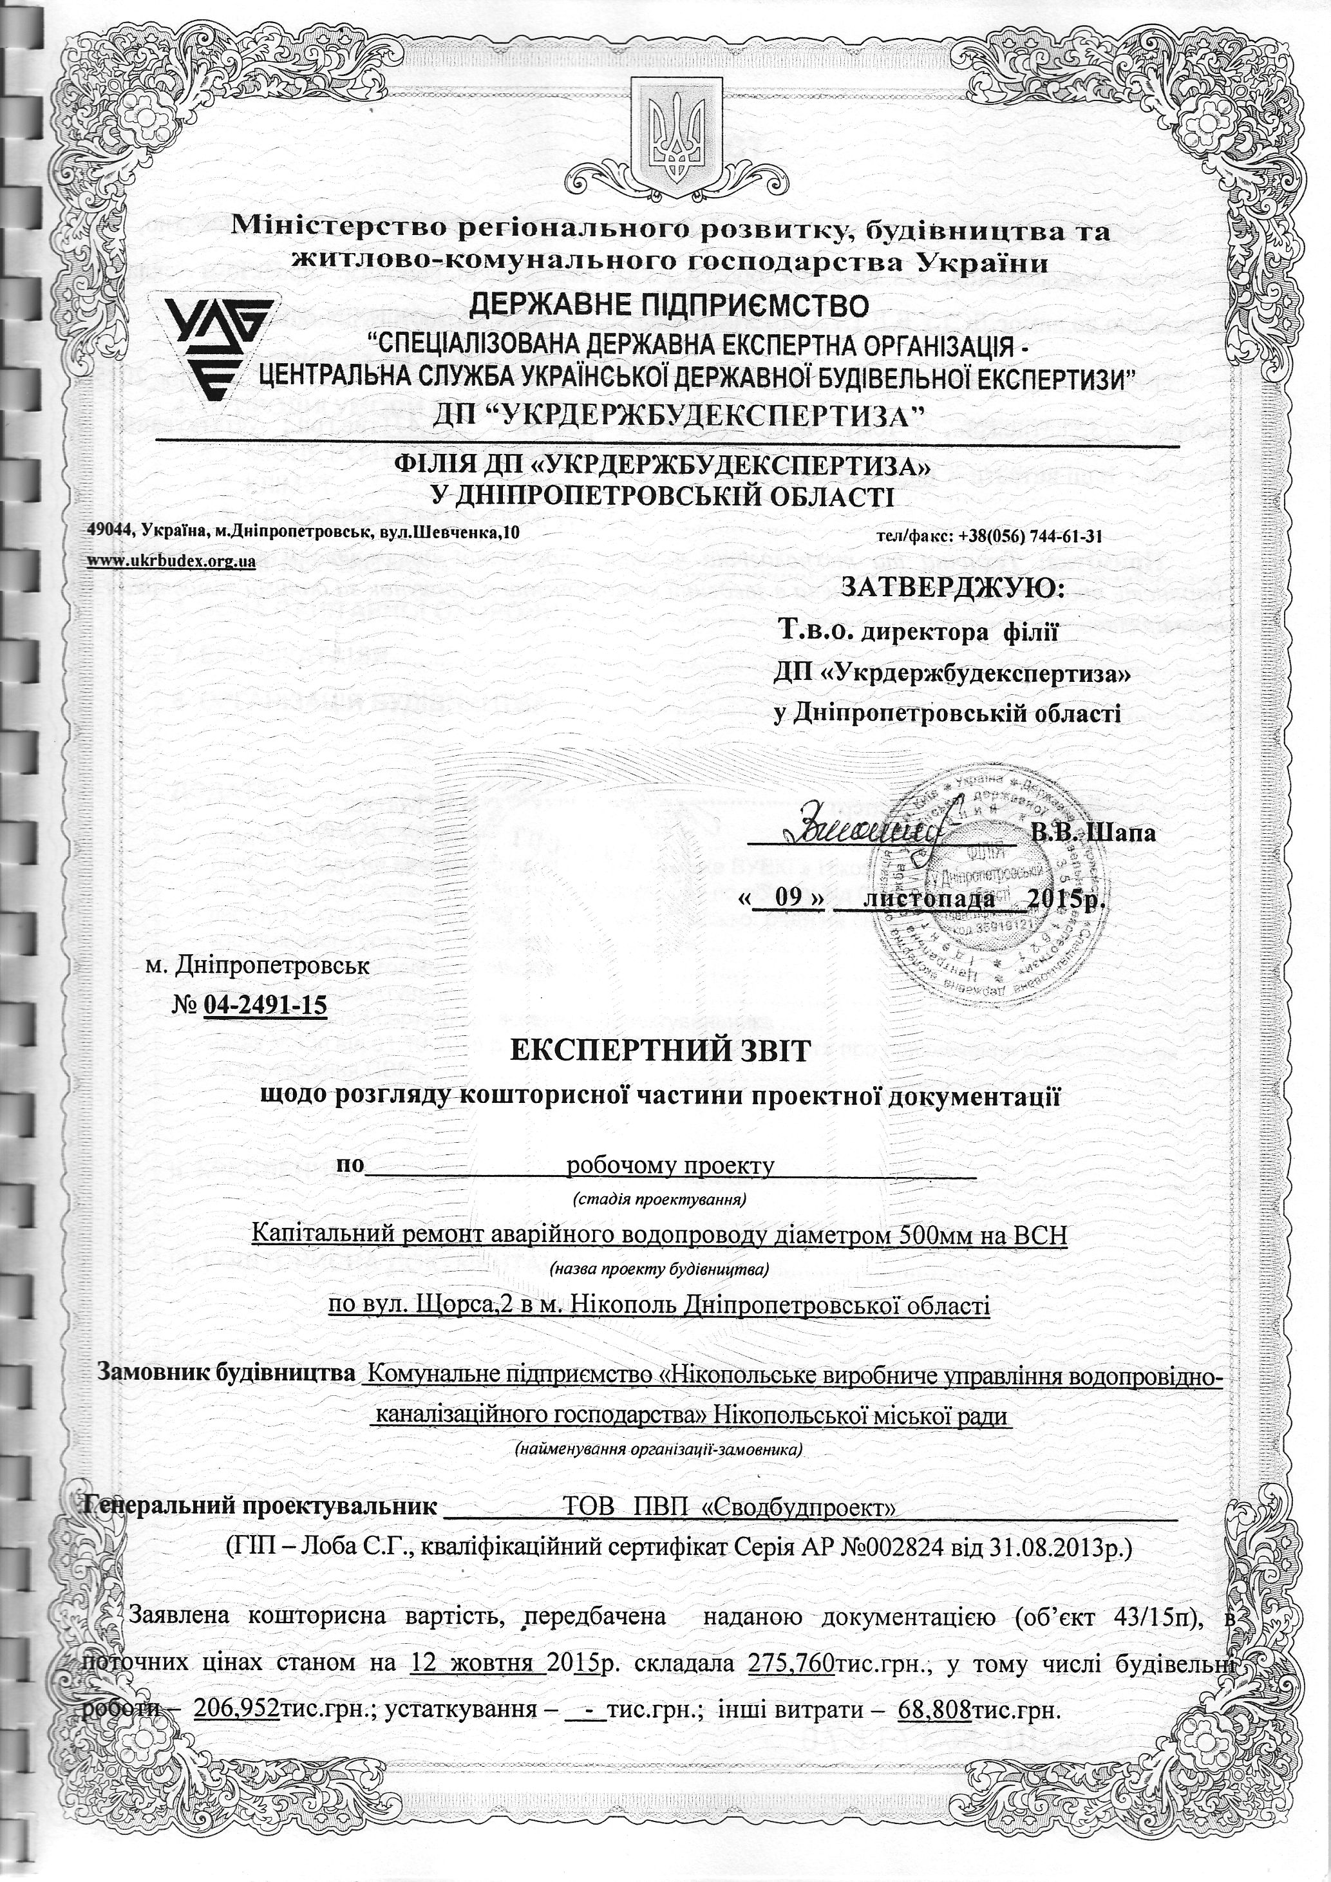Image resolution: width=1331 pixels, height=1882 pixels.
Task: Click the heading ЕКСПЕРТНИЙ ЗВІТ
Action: click(x=660, y=1051)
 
